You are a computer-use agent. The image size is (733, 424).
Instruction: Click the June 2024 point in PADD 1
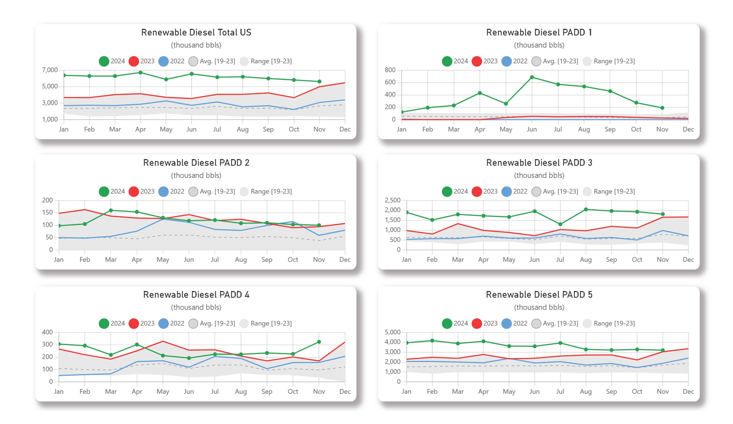point(532,77)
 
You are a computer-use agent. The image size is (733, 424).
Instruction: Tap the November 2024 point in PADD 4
point(319,342)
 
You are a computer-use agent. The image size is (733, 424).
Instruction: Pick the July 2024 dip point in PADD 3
point(560,224)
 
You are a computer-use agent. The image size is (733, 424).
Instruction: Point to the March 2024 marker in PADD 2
point(111,210)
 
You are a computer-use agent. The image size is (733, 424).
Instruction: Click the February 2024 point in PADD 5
point(432,341)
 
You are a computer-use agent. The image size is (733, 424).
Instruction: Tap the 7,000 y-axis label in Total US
point(50,70)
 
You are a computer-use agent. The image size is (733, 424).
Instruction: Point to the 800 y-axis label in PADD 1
point(390,70)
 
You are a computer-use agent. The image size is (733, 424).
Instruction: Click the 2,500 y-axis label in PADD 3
point(392,200)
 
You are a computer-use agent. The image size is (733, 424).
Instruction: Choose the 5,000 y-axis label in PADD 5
point(392,332)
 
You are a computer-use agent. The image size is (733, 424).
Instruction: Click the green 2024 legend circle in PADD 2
point(104,192)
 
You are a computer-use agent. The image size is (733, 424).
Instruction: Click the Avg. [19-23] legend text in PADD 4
point(217,323)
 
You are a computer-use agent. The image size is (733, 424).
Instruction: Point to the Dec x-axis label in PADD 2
point(345,259)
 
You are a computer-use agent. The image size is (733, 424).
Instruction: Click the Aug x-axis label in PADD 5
point(585,391)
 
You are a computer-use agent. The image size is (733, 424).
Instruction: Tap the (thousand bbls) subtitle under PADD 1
point(539,45)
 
